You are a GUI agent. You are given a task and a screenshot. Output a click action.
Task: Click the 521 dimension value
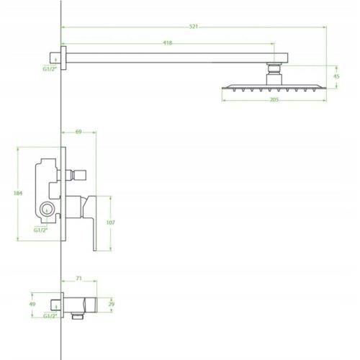pyautogui.click(x=194, y=27)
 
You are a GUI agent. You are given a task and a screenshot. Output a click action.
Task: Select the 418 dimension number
pyautogui.click(x=168, y=43)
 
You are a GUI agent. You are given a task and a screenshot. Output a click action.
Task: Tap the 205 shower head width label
pyautogui.click(x=274, y=99)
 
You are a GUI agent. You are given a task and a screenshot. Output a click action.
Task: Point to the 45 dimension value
pyautogui.click(x=336, y=76)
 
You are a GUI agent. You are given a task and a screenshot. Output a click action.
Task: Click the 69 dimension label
pyautogui.click(x=78, y=132)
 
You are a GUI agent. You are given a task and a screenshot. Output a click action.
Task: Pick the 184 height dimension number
pyautogui.click(x=18, y=193)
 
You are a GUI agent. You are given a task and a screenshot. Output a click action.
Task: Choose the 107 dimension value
pyautogui.click(x=110, y=222)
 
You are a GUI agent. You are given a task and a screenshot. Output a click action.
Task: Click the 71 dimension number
pyautogui.click(x=78, y=279)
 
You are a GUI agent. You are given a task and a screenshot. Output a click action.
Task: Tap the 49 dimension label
pyautogui.click(x=32, y=304)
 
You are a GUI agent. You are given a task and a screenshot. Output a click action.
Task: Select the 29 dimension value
pyautogui.click(x=112, y=304)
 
